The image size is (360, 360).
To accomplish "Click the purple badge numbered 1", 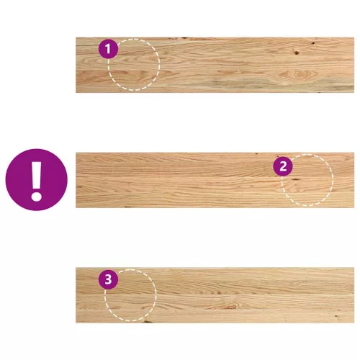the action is click(x=108, y=49).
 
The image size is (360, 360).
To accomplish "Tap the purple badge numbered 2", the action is click(x=283, y=166).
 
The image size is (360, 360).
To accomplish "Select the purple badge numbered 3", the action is click(x=108, y=279).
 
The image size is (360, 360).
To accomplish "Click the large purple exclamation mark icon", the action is click(x=37, y=180).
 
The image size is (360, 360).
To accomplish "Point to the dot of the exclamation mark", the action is click(x=37, y=196).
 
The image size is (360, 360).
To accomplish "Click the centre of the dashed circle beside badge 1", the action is click(x=134, y=65).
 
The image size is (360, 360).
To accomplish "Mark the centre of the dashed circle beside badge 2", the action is click(x=307, y=180).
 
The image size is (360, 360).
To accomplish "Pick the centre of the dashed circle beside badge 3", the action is click(x=130, y=295).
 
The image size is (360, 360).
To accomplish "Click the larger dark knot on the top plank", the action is click(x=297, y=53).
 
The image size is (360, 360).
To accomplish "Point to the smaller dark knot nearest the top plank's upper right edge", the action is click(x=313, y=43).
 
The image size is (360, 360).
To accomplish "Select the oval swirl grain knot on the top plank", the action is click(x=297, y=73).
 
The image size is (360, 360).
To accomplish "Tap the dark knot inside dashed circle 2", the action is click(x=295, y=179).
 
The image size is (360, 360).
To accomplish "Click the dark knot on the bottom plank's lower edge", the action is click(x=147, y=321).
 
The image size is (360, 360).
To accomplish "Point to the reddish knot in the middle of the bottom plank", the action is click(x=230, y=307).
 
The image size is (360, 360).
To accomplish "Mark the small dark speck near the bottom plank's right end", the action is click(x=336, y=316).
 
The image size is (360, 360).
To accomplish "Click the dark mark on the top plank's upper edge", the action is click(x=184, y=38).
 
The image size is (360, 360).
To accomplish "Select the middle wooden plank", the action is click(x=215, y=180).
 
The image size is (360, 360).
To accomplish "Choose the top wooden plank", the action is click(x=215, y=65).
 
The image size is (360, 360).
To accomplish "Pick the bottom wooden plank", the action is click(x=215, y=295).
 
